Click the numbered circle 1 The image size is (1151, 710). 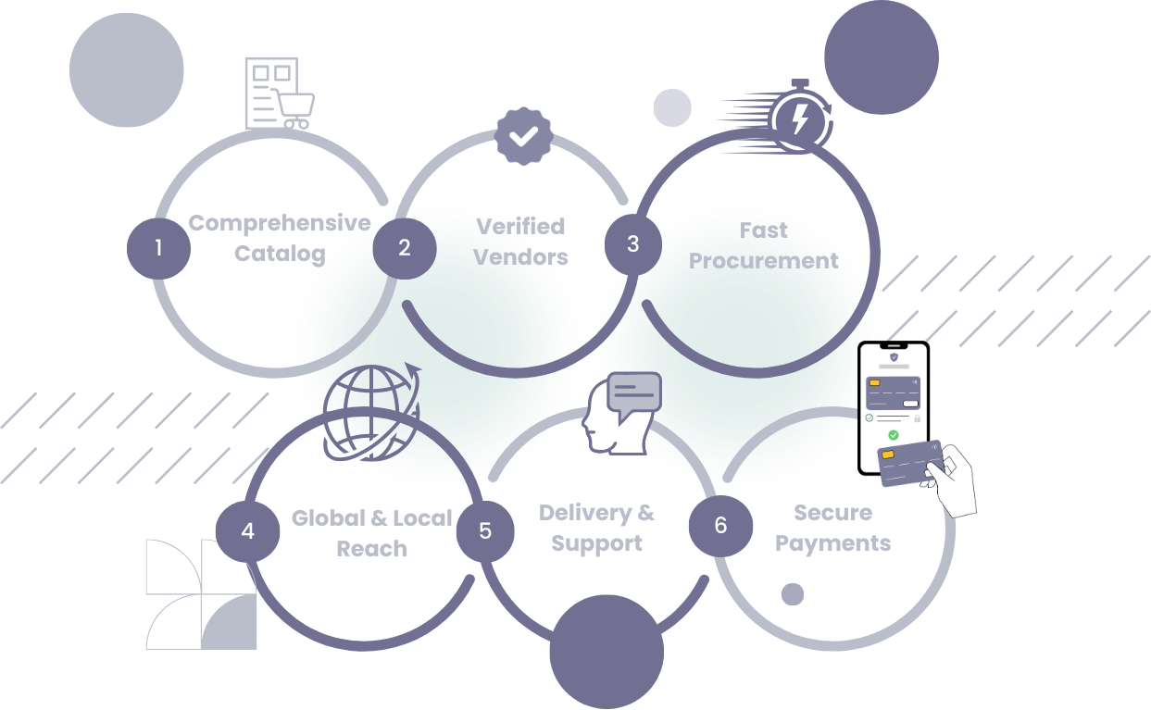(158, 247)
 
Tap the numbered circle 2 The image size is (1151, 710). (404, 247)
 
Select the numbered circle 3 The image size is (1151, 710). (633, 244)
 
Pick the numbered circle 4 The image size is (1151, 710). (247, 531)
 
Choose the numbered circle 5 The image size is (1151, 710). (485, 531)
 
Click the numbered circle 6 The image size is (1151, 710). (720, 526)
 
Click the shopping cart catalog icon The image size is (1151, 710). (279, 93)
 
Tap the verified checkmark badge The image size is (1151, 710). (524, 136)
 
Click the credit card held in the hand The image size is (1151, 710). (909, 462)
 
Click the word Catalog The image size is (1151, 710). (279, 254)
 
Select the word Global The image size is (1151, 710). (328, 518)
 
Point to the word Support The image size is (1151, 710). (596, 543)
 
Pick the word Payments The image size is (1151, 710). (832, 543)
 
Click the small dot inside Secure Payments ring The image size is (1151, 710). (793, 594)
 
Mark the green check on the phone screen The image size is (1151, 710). (894, 434)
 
